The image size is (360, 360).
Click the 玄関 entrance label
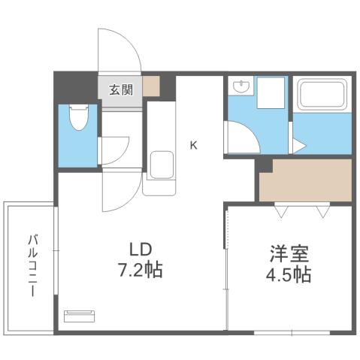(x=120, y=90)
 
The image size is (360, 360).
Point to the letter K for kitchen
(x=193, y=145)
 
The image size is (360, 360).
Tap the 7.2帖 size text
(x=141, y=270)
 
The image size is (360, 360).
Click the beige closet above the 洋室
(x=304, y=180)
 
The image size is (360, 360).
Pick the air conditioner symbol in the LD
(x=80, y=316)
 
